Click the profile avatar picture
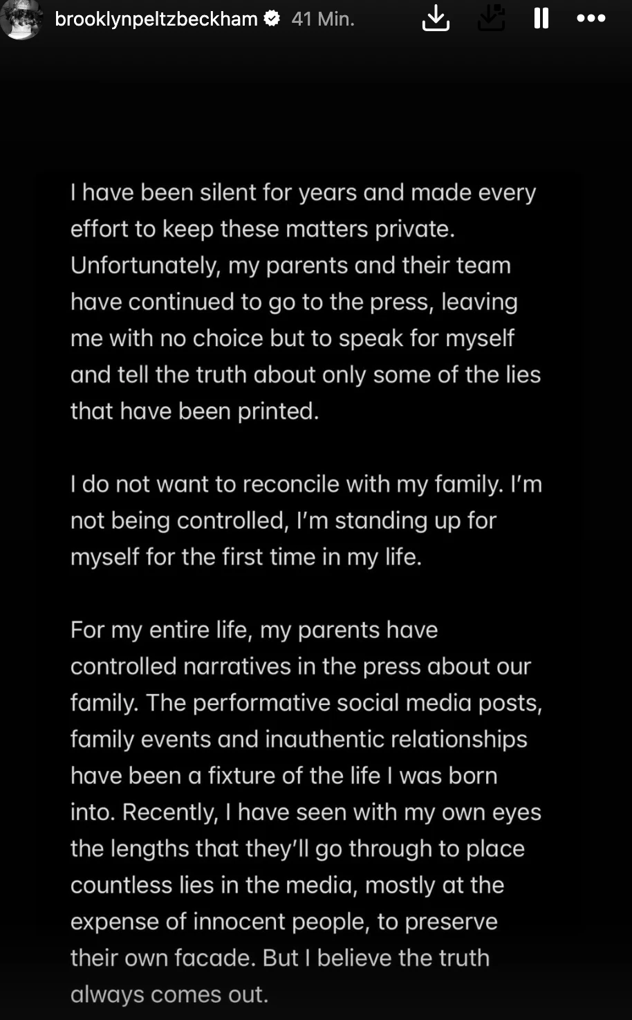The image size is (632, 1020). point(21,19)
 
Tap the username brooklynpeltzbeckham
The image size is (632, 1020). point(156,19)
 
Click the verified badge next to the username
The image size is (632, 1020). point(272,19)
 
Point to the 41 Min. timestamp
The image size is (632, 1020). point(323,19)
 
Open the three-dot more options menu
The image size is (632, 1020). point(591,19)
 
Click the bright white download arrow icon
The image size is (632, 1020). point(436,19)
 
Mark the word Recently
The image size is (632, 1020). point(170,812)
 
